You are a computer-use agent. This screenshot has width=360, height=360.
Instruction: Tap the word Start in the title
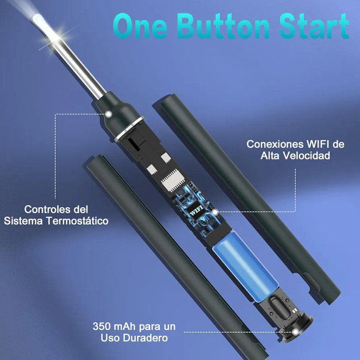click(x=314, y=26)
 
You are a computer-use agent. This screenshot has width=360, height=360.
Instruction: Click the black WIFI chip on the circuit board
click(x=196, y=210)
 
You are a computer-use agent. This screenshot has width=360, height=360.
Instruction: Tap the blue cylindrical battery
click(x=245, y=266)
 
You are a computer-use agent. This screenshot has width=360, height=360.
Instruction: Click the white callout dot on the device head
click(x=108, y=114)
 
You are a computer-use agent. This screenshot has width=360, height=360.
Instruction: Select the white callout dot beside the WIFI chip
click(x=215, y=212)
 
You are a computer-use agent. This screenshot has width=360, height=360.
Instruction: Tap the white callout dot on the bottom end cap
click(x=296, y=332)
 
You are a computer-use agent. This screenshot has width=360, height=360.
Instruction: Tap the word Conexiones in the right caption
click(x=275, y=144)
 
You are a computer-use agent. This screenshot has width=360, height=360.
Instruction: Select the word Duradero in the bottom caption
click(x=145, y=338)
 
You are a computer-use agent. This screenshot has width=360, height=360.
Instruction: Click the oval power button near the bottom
click(x=278, y=308)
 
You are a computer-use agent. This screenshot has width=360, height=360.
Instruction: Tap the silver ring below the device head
click(x=130, y=129)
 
